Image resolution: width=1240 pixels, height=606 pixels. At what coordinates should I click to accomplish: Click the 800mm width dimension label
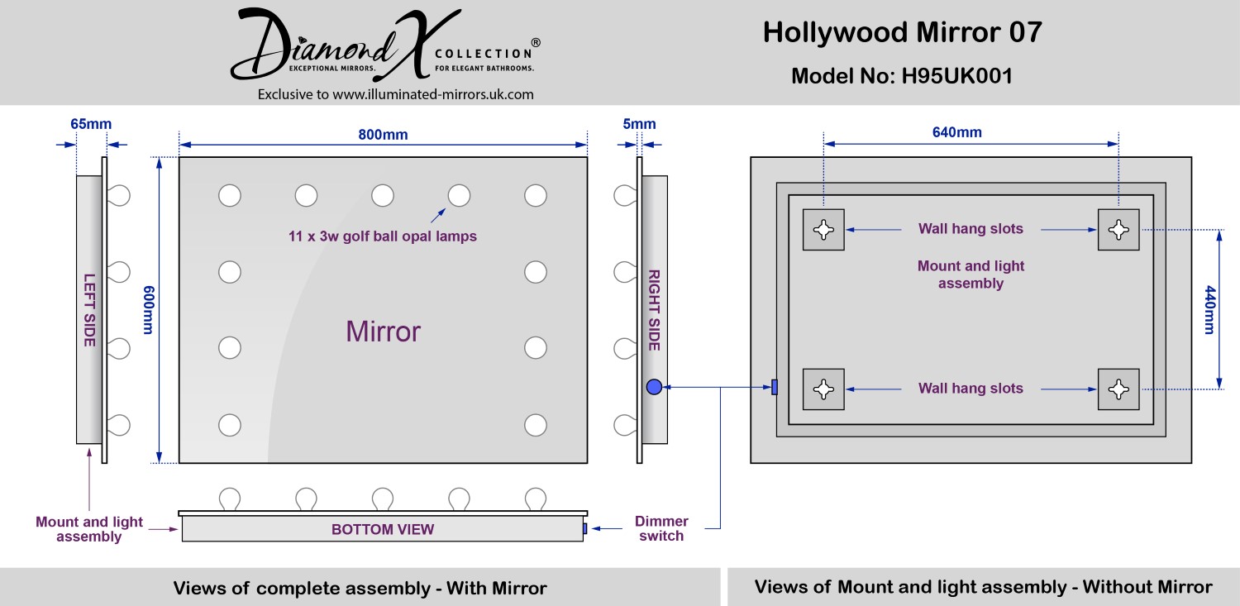click(383, 135)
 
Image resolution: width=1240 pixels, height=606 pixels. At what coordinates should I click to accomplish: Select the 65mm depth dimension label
click(91, 125)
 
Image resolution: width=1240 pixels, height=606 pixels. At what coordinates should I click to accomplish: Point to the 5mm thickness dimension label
click(639, 125)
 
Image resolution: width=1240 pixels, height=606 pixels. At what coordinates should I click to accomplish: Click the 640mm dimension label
click(957, 132)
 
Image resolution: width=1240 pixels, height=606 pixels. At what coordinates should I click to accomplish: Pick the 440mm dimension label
click(1209, 310)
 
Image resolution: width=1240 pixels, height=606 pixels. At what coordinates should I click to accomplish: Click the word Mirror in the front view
click(383, 332)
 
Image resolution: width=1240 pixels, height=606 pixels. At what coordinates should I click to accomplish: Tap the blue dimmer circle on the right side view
click(654, 386)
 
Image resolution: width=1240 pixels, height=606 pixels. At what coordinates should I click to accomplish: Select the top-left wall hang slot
click(823, 229)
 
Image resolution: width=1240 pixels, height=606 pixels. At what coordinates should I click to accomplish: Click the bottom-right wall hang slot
click(1118, 389)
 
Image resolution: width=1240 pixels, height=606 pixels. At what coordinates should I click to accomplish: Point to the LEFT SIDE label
click(89, 310)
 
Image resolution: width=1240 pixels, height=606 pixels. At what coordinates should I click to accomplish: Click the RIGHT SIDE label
click(653, 310)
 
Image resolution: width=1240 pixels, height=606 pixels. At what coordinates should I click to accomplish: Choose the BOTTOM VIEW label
click(383, 529)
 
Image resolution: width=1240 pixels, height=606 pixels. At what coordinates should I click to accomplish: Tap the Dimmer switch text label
click(661, 528)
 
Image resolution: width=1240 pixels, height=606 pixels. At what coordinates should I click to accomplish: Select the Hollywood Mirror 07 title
click(902, 32)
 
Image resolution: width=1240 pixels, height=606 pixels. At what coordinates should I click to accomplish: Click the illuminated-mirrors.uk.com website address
click(433, 94)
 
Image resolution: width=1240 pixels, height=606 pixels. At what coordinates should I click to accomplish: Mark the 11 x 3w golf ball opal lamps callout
click(383, 236)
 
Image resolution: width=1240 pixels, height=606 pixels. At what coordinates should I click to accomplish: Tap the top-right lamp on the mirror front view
click(536, 196)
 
